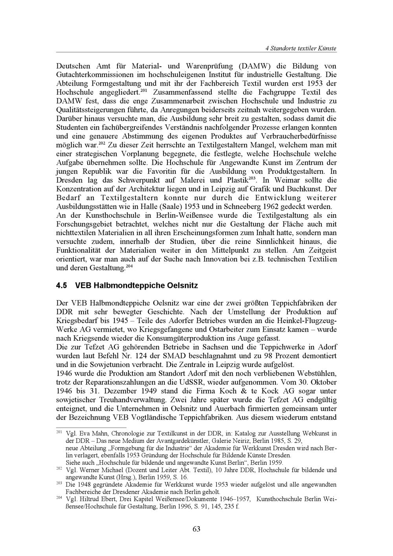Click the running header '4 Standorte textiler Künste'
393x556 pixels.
pos(301,48)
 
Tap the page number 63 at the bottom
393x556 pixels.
pos(196,529)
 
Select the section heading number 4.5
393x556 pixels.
pos(62,286)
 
